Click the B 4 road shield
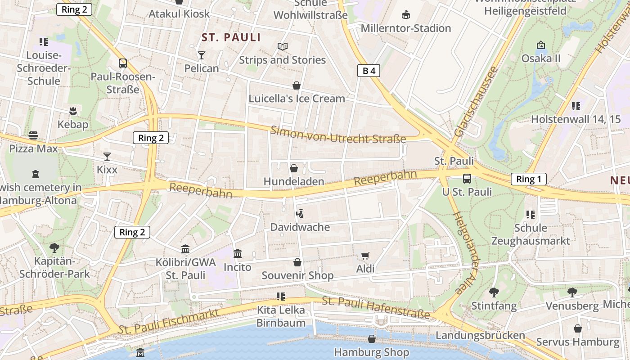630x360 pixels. [x=369, y=71]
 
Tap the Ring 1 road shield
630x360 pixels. [x=528, y=179]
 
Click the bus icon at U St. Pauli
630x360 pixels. [x=467, y=179]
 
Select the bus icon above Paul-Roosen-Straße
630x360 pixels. [x=123, y=63]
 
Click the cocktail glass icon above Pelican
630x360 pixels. [x=201, y=55]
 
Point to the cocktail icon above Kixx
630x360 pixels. [x=107, y=157]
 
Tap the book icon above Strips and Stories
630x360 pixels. [x=282, y=47]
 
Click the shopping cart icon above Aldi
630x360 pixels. [x=365, y=256]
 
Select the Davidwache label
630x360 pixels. [x=300, y=227]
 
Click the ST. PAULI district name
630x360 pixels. [x=231, y=37]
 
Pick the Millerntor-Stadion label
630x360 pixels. [x=405, y=28]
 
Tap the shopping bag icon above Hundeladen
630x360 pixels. [x=294, y=168]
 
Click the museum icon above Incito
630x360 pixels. [x=238, y=254]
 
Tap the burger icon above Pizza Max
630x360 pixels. [x=33, y=135]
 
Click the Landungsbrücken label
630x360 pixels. [x=480, y=335]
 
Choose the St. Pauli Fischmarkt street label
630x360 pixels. [x=168, y=321]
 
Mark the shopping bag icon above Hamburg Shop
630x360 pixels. [x=372, y=339]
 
